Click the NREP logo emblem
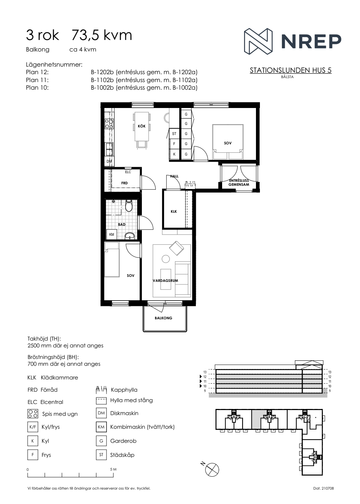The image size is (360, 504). point(258,41)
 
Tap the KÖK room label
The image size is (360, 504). point(141,126)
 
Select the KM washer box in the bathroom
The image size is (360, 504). point(112,234)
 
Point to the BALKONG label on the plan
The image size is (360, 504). point(163,318)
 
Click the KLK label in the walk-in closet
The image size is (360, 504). point(174,212)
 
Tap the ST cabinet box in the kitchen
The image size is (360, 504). point(174,134)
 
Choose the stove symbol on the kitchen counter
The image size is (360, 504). point(109,124)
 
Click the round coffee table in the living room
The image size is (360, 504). point(166,259)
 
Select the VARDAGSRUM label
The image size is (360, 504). point(165,280)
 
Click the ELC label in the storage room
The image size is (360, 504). point(128,172)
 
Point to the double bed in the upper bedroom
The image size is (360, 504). point(228,142)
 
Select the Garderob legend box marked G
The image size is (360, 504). point(101,441)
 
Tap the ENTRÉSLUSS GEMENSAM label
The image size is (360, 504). point(239,183)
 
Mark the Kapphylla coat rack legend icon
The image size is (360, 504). point(101,390)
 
